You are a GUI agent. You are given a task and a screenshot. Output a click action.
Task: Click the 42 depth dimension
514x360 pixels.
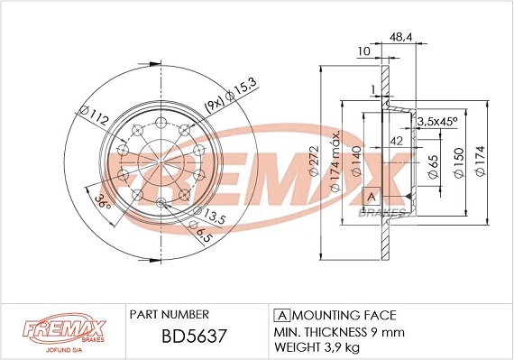point(396,140)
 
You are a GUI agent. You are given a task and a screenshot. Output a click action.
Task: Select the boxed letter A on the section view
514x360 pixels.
point(370,196)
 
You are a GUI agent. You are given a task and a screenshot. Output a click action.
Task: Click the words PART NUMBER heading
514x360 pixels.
point(170,314)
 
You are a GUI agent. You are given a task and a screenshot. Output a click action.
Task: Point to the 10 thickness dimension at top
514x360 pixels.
point(363,51)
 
